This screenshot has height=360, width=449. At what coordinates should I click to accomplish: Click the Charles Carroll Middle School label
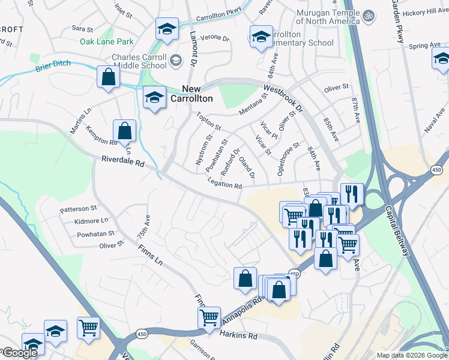pyautogui.click(x=134, y=62)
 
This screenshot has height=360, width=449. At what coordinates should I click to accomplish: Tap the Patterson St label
pyautogui.click(x=78, y=209)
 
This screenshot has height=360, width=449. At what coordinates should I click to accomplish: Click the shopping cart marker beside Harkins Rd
pyautogui.click(x=209, y=317)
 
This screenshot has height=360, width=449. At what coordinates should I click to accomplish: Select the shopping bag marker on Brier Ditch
pyautogui.click(x=108, y=77)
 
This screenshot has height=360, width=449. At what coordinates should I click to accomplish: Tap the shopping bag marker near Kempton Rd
pyautogui.click(x=124, y=130)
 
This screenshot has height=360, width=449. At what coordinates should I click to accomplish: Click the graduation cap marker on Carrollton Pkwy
pyautogui.click(x=167, y=28)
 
